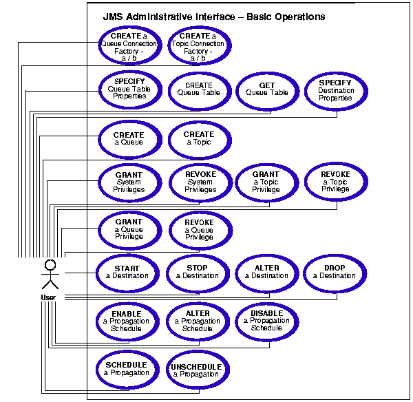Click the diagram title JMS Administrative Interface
(214, 16)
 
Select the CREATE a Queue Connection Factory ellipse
(129, 45)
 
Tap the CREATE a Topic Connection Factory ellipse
(199, 45)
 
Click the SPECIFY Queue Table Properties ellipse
(129, 90)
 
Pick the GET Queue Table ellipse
(267, 90)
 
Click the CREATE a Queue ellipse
(129, 138)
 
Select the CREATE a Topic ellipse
(199, 138)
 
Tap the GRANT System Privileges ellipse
(129, 182)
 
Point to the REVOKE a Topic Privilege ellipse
(335, 182)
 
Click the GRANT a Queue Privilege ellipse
(129, 230)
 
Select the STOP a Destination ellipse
(198, 273)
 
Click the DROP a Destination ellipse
(335, 273)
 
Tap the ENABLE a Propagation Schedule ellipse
(127, 321)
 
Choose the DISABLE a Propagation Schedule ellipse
(266, 321)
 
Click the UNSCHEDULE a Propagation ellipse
(197, 370)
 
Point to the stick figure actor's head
(50, 264)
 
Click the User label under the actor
(49, 297)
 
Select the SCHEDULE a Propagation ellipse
(127, 370)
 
